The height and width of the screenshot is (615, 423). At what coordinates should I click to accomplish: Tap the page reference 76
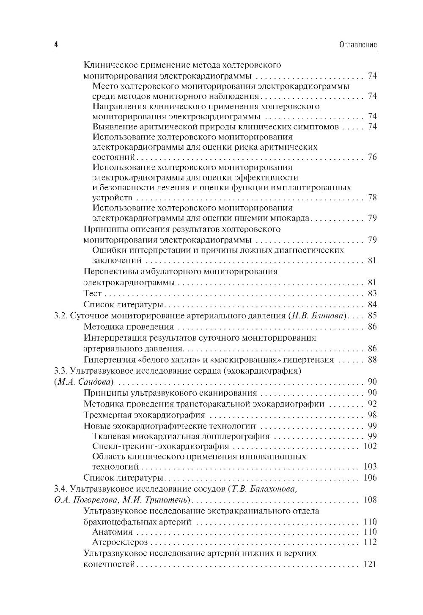point(372,157)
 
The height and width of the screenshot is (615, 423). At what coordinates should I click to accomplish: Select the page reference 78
point(372,198)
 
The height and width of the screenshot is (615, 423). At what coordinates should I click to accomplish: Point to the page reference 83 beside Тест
point(372,293)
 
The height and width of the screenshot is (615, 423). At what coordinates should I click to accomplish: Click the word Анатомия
point(113,532)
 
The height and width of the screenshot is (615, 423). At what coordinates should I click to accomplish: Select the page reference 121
point(370,564)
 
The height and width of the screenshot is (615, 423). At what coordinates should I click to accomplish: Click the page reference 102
point(370,446)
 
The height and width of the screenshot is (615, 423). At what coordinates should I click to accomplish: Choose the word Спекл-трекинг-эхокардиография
point(161,446)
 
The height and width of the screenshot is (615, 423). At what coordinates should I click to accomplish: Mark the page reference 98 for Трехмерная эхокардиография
point(372,415)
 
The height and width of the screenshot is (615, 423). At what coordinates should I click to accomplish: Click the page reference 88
point(372,360)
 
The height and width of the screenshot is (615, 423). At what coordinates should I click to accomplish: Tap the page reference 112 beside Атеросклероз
point(370,542)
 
